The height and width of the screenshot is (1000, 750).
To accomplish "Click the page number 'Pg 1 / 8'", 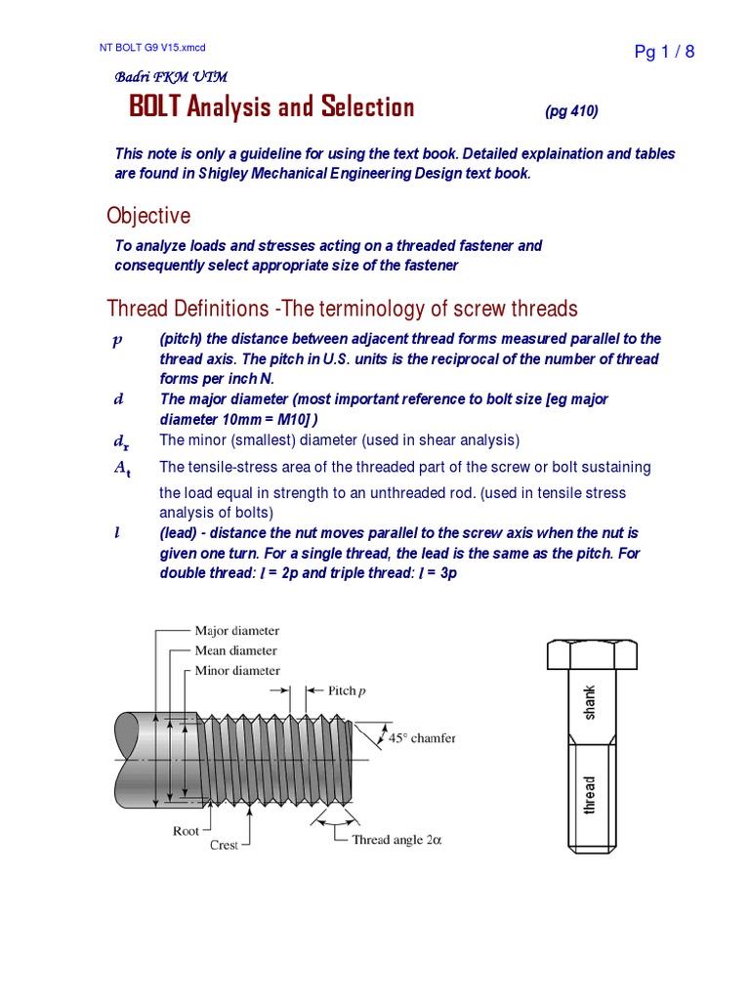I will (664, 52).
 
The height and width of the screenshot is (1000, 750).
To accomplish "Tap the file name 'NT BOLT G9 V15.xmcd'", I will (153, 47).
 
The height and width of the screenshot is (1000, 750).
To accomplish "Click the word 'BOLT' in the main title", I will (155, 107).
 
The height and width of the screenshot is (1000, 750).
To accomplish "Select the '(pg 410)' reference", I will (571, 111).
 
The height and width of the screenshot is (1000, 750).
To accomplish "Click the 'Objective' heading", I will (148, 215).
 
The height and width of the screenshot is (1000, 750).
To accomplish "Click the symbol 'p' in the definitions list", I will (117, 339).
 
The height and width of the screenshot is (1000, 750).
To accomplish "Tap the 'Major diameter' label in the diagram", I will (236, 631).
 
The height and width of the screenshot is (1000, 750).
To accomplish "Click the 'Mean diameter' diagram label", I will (235, 650).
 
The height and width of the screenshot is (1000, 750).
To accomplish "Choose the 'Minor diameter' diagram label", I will (237, 671).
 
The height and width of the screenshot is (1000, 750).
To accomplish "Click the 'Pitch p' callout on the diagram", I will (347, 690).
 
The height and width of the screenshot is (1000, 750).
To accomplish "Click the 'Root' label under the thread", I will (186, 831).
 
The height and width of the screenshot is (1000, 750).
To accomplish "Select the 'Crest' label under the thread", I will (224, 845).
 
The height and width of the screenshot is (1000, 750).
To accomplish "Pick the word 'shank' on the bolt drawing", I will (589, 702).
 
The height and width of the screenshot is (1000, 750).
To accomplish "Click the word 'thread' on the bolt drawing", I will (589, 795).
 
